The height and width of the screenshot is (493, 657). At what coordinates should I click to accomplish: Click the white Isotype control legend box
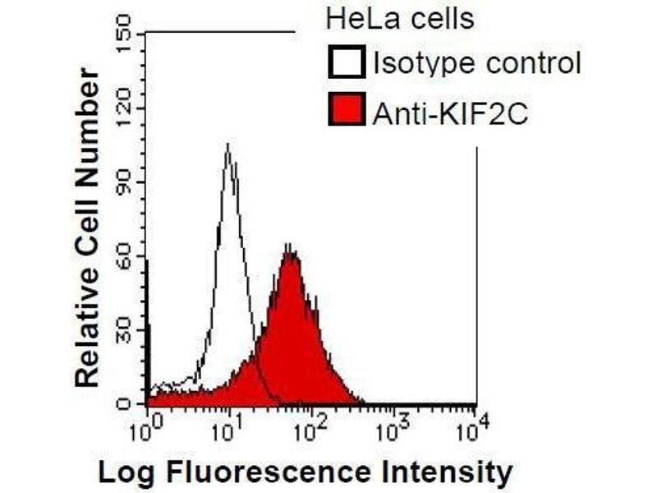coord(346,62)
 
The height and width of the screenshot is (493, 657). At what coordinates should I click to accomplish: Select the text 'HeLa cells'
coord(400,17)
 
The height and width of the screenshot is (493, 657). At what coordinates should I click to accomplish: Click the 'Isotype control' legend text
coord(476,62)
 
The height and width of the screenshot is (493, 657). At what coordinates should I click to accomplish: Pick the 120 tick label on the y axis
coord(124,108)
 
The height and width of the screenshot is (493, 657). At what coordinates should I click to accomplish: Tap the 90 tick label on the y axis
coord(124,182)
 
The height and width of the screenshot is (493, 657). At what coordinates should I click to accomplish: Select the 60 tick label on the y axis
coord(124,256)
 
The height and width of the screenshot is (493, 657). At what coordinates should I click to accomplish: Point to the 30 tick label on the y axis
coord(124,330)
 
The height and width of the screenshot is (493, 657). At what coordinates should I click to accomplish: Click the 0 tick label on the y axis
coord(124,403)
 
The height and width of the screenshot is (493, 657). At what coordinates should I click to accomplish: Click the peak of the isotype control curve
coord(227,145)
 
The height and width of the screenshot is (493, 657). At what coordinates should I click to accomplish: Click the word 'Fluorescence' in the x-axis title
coord(262,472)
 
